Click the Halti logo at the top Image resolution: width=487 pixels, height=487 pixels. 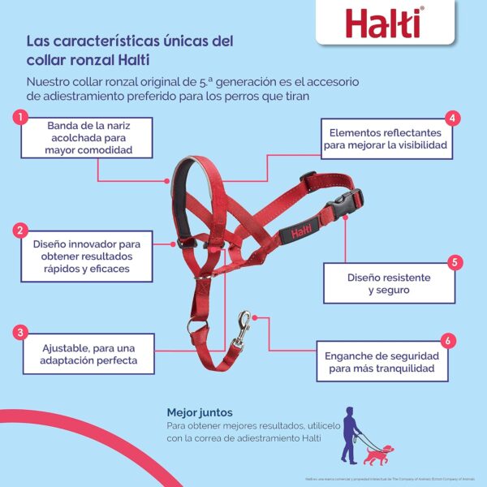pos(381,24)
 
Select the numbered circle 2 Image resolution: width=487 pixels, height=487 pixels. pos(18,231)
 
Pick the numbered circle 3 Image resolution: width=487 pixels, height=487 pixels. pos(18,332)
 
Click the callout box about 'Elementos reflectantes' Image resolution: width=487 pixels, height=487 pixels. pos(386,139)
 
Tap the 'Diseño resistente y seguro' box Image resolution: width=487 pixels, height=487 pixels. pos(389,283)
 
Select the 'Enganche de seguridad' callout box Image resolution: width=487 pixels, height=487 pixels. pos(382,362)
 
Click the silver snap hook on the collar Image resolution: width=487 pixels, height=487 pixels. pos(243,326)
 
